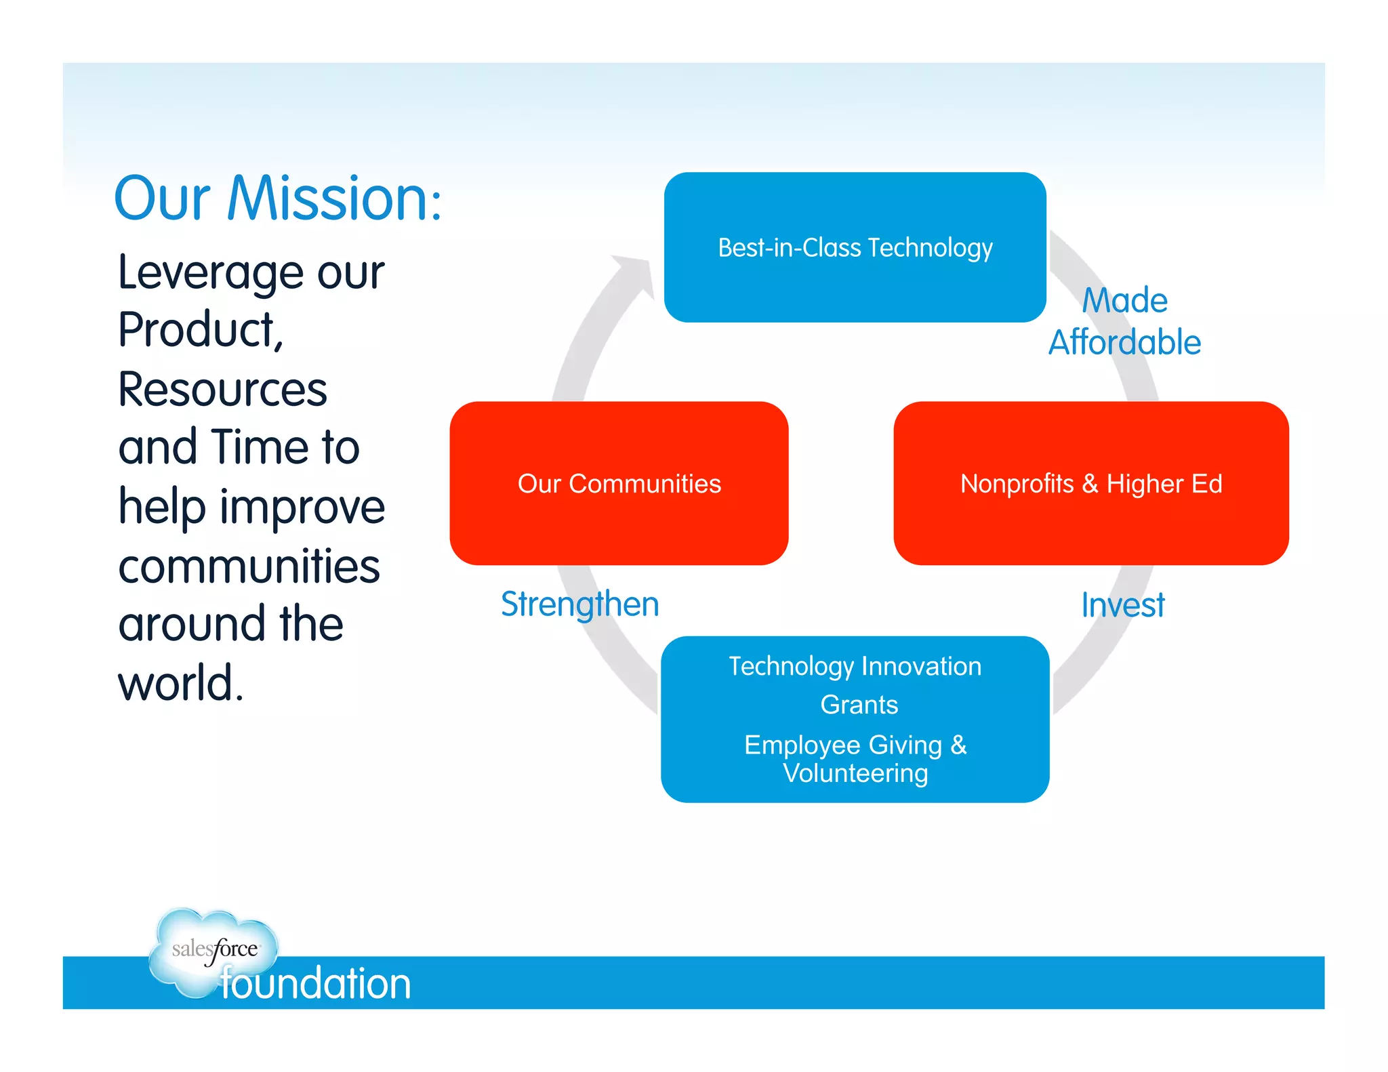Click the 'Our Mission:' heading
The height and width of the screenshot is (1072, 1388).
[277, 199]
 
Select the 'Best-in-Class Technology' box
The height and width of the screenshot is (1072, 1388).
[855, 247]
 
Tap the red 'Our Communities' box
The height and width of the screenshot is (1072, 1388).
[619, 483]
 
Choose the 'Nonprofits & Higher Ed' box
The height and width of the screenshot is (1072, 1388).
[1090, 483]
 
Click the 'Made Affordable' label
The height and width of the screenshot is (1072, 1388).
[1124, 321]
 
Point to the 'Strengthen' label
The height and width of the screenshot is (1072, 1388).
[579, 604]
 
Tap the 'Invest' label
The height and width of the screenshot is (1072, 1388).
[1122, 604]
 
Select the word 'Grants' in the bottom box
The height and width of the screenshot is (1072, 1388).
[859, 705]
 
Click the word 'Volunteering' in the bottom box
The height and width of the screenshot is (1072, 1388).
[855, 773]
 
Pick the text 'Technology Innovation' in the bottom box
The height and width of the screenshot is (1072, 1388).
[855, 666]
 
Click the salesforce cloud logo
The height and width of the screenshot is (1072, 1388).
[213, 949]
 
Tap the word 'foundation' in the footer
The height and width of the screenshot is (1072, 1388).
[316, 983]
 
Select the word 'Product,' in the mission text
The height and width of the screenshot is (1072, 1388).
[201, 330]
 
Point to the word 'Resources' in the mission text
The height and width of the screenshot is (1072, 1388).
[222, 390]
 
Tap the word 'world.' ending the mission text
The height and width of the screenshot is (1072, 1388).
[180, 682]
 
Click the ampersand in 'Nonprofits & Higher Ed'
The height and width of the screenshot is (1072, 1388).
[1089, 484]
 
